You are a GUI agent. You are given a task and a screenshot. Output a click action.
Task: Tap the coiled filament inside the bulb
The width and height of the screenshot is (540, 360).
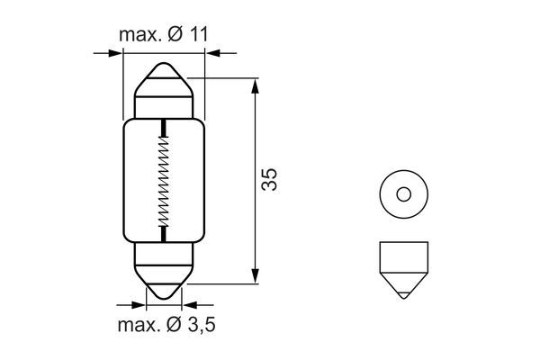pyautogui.click(x=163, y=181)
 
